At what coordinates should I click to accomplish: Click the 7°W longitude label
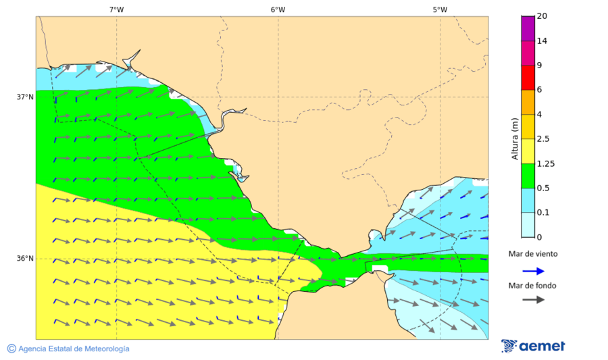[x=116, y=9]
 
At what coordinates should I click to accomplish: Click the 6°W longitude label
[x=278, y=9]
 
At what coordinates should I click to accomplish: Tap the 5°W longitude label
[x=440, y=9]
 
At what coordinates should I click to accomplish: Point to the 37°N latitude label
[x=25, y=97]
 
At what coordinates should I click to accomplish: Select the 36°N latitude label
[x=25, y=259]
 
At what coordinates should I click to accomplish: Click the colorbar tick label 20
[x=542, y=16]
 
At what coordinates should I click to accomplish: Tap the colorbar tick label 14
[x=542, y=41]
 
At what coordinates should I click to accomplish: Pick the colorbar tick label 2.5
[x=542, y=139]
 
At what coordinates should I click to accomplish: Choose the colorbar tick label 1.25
[x=544, y=163]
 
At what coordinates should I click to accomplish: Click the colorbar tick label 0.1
[x=542, y=213]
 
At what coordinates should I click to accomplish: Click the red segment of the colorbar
[x=528, y=77]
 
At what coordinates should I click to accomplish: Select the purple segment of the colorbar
[x=528, y=28]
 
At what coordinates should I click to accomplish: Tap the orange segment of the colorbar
[x=528, y=102]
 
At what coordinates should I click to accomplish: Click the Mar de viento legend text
[x=533, y=254]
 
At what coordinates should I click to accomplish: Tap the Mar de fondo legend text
[x=533, y=286]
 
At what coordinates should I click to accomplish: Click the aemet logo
[x=534, y=346]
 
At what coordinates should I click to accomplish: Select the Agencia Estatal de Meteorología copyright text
[x=68, y=349]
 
